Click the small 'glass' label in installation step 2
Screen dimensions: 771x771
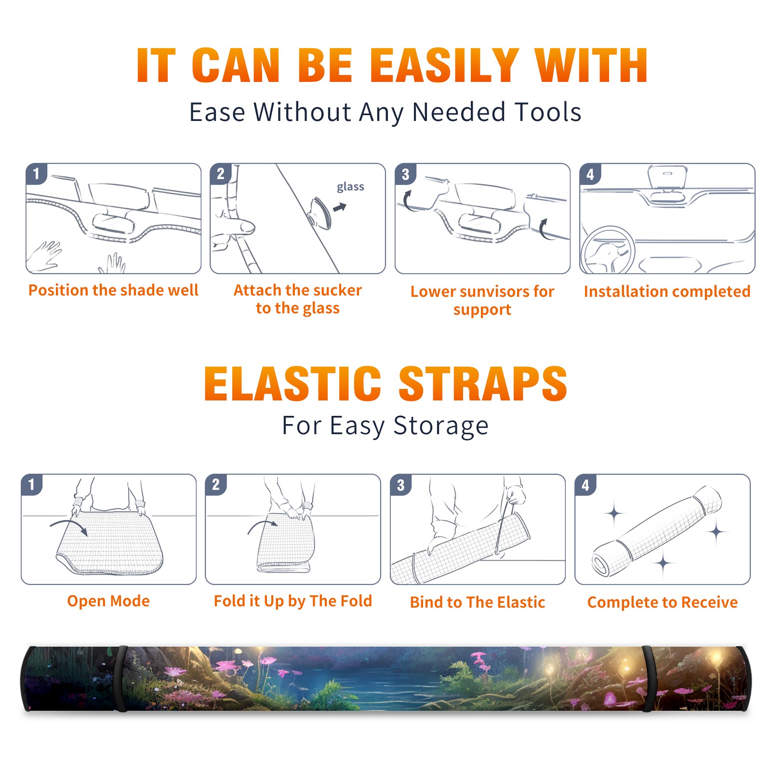(x=350, y=186)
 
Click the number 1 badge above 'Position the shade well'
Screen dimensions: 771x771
(x=36, y=173)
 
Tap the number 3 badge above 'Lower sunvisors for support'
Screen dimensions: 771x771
(x=405, y=174)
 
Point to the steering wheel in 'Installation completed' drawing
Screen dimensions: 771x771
(x=608, y=250)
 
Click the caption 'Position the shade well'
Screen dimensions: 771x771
(x=113, y=290)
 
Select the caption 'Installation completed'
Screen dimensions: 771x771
(x=667, y=292)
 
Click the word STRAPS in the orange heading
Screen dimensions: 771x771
(x=483, y=384)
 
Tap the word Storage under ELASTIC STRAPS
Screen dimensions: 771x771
(x=441, y=426)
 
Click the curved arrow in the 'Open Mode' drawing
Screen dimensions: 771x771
(x=69, y=524)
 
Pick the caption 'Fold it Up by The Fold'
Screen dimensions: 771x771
(x=293, y=601)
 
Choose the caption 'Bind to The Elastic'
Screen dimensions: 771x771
(x=478, y=602)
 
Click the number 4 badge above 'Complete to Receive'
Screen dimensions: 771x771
(x=585, y=485)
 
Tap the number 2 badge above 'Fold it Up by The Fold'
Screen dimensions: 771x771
(x=216, y=484)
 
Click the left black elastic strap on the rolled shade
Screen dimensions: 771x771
(x=121, y=678)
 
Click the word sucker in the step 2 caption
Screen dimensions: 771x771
(x=337, y=290)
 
